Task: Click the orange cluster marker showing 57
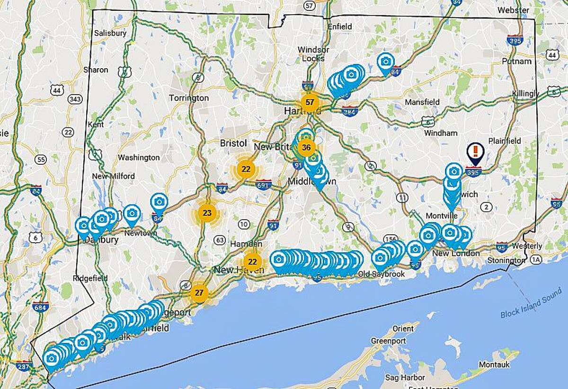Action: [x=310, y=102]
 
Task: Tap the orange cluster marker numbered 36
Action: [x=306, y=148]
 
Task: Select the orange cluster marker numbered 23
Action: [x=207, y=212]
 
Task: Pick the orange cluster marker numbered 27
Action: [x=199, y=293]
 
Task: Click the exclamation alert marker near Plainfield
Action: [x=475, y=152]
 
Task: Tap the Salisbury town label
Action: [x=110, y=33]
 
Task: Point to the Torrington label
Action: [x=189, y=98]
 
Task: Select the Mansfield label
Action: [x=422, y=102]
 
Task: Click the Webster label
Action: [x=513, y=9]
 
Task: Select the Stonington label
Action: [x=507, y=260]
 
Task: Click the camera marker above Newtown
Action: [x=132, y=213]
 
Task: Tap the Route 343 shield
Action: [x=75, y=99]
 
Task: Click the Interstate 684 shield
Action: [x=41, y=306]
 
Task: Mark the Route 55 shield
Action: [x=42, y=159]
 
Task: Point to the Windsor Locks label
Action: [x=313, y=53]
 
